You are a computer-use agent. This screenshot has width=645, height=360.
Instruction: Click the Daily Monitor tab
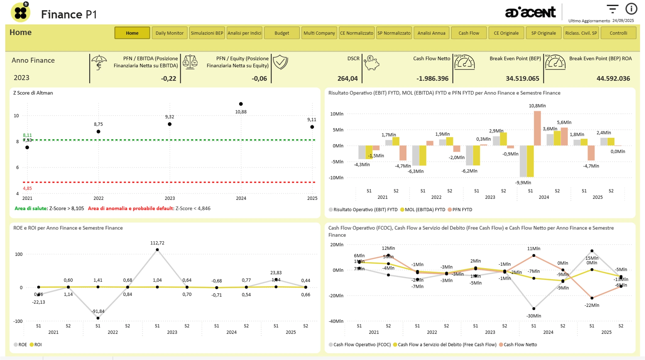tap(169, 33)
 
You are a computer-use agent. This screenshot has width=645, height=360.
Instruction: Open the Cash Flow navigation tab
tap(468, 33)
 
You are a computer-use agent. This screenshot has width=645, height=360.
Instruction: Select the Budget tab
tap(281, 33)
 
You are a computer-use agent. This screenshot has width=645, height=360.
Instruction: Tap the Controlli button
tap(618, 33)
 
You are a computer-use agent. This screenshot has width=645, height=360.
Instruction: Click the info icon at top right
tap(631, 9)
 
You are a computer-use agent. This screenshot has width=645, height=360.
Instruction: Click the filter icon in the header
tap(612, 9)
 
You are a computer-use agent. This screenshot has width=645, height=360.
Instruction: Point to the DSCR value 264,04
tap(347, 79)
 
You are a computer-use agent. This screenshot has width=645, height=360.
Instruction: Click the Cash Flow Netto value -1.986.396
tap(432, 79)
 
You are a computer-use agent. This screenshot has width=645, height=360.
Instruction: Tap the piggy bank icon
tap(371, 63)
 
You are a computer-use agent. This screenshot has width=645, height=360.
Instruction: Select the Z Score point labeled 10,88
tap(241, 104)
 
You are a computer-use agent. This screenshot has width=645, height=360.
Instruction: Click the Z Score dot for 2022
tap(98, 132)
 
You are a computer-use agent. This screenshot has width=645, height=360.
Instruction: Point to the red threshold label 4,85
tap(27, 188)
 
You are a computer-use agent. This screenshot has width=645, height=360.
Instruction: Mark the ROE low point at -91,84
tap(98, 318)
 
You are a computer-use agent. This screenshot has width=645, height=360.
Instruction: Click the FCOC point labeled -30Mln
tap(534, 309)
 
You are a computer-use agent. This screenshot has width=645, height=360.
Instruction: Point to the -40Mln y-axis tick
tap(336, 321)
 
